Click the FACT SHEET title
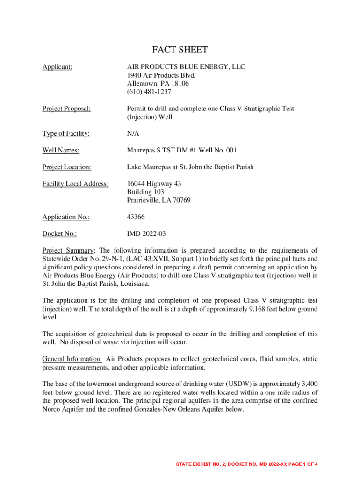(x=180, y=50)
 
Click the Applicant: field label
(x=57, y=67)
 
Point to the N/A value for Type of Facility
(x=133, y=134)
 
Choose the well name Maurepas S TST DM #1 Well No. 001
(x=182, y=150)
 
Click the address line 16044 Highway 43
(x=154, y=184)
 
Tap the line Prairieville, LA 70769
(x=158, y=200)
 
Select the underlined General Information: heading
(x=72, y=359)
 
